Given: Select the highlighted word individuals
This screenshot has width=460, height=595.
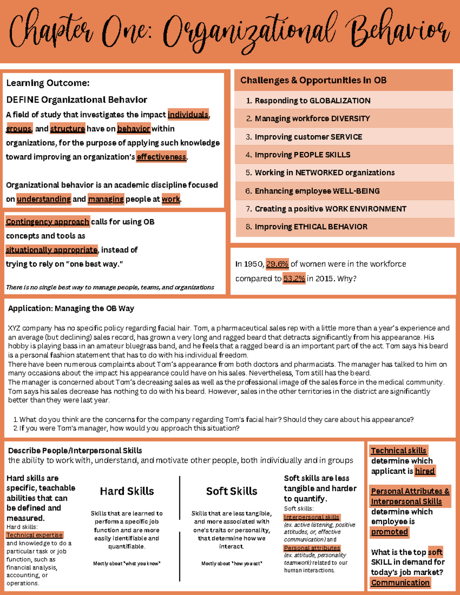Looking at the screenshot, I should (188, 115).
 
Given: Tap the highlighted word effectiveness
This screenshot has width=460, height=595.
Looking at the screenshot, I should (161, 157).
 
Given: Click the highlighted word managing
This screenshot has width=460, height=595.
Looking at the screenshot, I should (106, 199).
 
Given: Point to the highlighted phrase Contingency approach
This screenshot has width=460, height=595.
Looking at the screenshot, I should (48, 221).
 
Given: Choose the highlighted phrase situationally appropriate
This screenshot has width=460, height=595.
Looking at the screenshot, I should (52, 250).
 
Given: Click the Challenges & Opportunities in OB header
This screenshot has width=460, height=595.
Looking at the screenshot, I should (313, 80).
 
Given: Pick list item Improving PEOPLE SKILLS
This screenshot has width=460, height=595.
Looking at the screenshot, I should (302, 154).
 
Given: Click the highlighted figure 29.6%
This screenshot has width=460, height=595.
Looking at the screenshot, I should (277, 264).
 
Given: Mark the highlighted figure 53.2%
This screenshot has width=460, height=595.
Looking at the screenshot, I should (294, 279).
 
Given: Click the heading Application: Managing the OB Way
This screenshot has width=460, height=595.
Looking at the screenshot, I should (71, 308).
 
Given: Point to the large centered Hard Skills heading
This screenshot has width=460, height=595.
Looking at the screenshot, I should (127, 491).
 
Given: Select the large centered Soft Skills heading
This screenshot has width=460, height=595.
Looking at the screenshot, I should (232, 491).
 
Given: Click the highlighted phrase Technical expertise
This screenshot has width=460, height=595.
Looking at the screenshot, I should (34, 535).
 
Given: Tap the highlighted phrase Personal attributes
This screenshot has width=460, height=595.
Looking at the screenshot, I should (312, 548).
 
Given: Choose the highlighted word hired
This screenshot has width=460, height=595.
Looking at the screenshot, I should (425, 471).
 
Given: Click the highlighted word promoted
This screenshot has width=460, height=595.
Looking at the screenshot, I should (389, 532).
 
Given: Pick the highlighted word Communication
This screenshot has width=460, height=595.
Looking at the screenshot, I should (400, 582).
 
